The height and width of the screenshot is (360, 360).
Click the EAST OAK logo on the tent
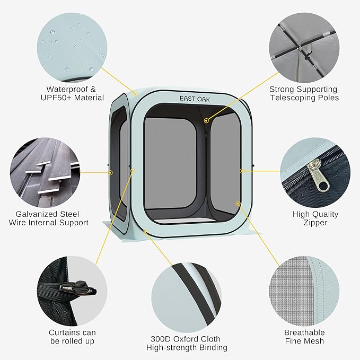195,99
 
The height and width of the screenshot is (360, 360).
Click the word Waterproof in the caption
67,89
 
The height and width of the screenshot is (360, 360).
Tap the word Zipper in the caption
315,223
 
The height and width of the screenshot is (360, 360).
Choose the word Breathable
304,332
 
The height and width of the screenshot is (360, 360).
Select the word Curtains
62,332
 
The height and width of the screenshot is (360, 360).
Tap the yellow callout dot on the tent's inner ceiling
206,120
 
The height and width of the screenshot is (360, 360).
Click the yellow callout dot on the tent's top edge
135,94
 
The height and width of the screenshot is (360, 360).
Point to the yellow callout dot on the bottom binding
145,232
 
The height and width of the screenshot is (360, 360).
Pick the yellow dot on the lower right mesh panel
238,204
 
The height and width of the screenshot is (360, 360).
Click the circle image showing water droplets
72,48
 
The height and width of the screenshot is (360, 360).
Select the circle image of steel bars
45,172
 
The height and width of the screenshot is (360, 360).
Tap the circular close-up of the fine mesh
304,292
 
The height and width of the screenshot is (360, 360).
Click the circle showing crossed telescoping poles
304,48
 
